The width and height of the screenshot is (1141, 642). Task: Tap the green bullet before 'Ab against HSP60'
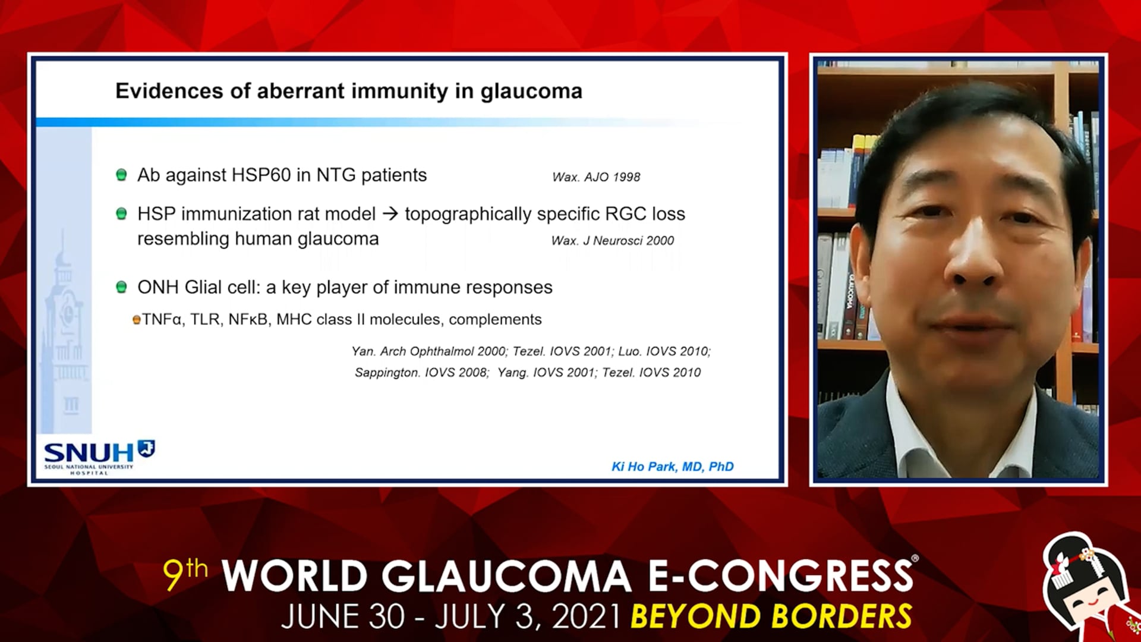121,175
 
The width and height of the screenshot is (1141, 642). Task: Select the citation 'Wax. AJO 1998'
596,177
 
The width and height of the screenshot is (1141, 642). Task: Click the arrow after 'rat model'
390,213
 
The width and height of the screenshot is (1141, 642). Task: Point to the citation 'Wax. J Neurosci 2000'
612,241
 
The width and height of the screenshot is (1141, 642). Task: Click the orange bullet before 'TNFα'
136,320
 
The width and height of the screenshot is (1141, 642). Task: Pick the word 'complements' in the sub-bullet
495,320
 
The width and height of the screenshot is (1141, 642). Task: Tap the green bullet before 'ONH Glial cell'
121,287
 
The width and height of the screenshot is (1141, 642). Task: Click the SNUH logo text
89,453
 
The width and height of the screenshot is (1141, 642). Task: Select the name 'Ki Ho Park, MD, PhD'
673,467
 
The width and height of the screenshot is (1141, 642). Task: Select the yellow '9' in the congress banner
173,575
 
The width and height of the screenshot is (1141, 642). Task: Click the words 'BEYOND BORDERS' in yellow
771,616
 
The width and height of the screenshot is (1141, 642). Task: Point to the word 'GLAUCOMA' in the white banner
506,577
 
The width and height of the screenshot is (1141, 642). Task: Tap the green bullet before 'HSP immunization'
121,213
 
